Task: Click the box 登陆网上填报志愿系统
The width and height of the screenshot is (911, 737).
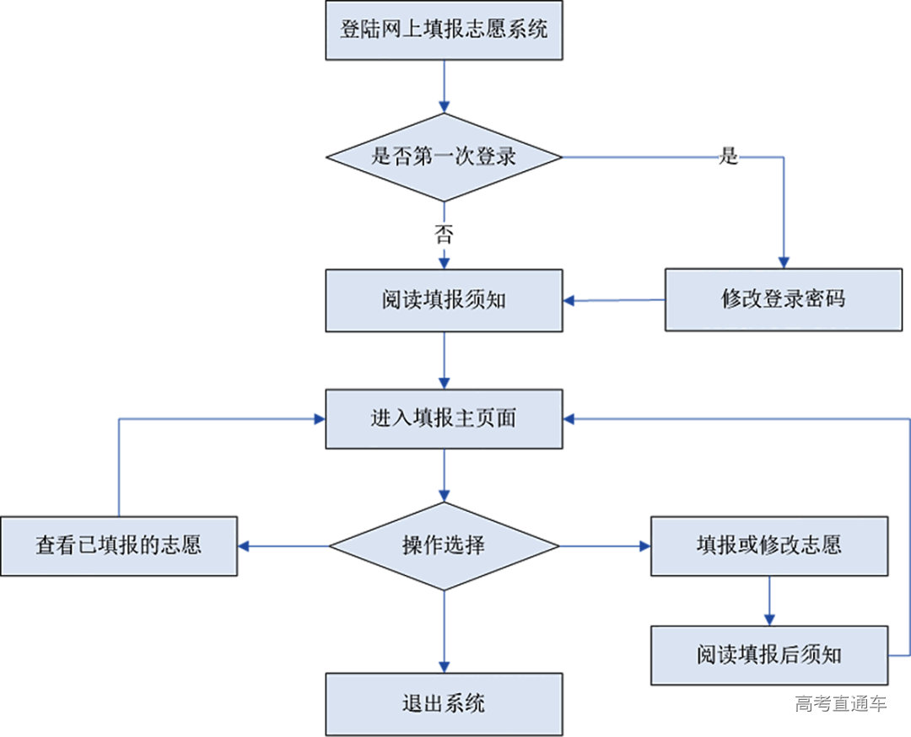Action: click(x=444, y=30)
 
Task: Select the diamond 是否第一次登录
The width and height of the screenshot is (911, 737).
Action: click(x=444, y=157)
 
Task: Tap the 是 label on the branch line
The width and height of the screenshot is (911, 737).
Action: click(x=728, y=157)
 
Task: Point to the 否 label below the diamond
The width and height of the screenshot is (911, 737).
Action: click(x=444, y=234)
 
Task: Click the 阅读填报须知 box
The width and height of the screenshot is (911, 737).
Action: click(x=444, y=300)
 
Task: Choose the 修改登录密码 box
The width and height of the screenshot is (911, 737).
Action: click(x=783, y=299)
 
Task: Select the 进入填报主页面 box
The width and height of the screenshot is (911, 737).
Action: click(x=444, y=418)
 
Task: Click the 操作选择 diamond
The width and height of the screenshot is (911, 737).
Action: click(x=444, y=546)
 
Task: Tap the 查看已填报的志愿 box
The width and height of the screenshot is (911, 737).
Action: click(x=118, y=546)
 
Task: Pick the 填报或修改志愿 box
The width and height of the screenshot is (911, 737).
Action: click(x=768, y=546)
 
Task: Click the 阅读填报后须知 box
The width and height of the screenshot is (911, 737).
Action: click(x=768, y=655)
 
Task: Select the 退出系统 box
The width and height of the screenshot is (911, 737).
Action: click(x=444, y=703)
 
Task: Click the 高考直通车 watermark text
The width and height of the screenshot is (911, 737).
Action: click(x=840, y=703)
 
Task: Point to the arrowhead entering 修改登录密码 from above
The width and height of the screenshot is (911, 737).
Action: click(x=784, y=261)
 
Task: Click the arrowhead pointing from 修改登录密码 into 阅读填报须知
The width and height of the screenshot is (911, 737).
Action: click(x=570, y=300)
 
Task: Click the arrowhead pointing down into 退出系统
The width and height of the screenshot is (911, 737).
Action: click(x=444, y=665)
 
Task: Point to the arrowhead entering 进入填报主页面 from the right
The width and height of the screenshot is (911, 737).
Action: click(x=570, y=418)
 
